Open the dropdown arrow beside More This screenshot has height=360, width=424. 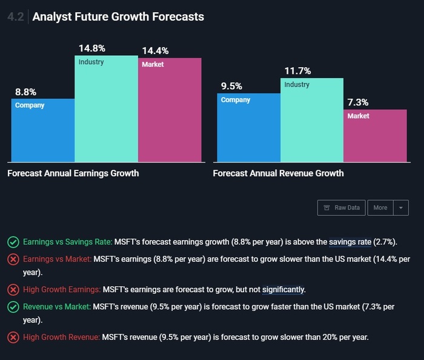[x=401, y=207]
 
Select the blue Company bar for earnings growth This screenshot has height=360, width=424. [x=43, y=130]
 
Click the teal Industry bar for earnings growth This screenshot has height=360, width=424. [x=106, y=109]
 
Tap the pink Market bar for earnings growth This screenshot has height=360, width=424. [x=170, y=110]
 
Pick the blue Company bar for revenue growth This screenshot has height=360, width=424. [x=248, y=127]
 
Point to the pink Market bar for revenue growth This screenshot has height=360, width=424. [x=376, y=136]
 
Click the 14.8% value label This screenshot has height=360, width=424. [x=91, y=48]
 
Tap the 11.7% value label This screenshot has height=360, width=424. [x=297, y=71]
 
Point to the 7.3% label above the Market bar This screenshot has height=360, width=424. [x=357, y=102]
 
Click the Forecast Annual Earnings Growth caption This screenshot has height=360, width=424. [x=73, y=173]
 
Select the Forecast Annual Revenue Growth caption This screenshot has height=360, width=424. [x=278, y=173]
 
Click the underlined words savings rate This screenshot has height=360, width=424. [x=350, y=242]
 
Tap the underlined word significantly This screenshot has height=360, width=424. [x=283, y=289]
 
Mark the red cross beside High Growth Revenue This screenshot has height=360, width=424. [x=13, y=337]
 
